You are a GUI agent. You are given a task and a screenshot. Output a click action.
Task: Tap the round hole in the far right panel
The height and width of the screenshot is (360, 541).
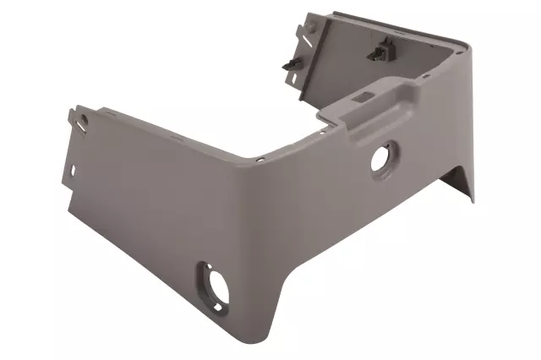click(382, 158)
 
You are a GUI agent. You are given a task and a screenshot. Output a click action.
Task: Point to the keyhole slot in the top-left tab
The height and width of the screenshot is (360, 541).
click(83, 120)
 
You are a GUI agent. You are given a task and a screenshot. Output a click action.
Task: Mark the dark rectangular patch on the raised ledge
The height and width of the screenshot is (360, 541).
click(359, 100)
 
